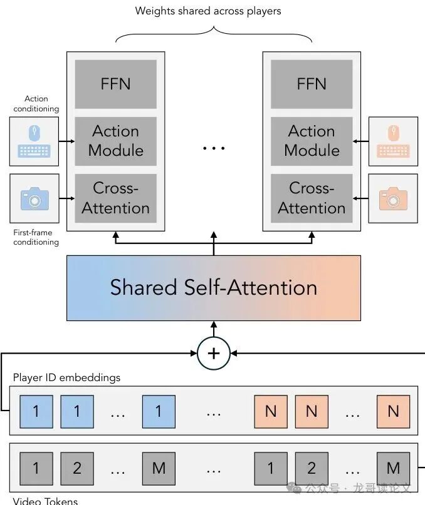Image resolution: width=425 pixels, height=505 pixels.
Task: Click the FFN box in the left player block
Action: pyautogui.click(x=115, y=84)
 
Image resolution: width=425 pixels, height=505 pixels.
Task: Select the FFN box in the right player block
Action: pyautogui.click(x=312, y=84)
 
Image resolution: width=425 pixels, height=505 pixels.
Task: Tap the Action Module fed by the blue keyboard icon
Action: pyautogui.click(x=115, y=141)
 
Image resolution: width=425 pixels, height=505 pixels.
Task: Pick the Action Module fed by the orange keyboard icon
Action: pyautogui.click(x=312, y=141)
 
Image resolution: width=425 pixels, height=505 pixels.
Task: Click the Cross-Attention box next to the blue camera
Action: pyautogui.click(x=115, y=198)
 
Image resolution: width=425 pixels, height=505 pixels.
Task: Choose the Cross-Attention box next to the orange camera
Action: pyautogui.click(x=312, y=198)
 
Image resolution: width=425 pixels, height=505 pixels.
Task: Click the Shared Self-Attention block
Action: pyautogui.click(x=214, y=288)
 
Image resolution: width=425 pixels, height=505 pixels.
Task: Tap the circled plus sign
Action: pyautogui.click(x=214, y=353)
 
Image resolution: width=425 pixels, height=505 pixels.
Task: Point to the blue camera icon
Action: pyautogui.click(x=35, y=198)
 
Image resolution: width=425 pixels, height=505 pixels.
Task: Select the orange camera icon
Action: pyautogui.click(x=393, y=198)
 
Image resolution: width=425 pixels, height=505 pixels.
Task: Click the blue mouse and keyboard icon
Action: pyautogui.click(x=35, y=141)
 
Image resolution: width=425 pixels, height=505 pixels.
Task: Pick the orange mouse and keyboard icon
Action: pyautogui.click(x=393, y=141)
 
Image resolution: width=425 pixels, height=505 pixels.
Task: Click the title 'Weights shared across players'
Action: pyautogui.click(x=208, y=11)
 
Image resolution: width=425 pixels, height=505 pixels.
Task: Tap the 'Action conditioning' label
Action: pyautogui.click(x=36, y=103)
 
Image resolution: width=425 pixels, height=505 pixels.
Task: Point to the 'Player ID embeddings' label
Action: pyautogui.click(x=66, y=378)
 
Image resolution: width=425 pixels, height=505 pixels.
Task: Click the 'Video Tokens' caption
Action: pyautogui.click(x=45, y=501)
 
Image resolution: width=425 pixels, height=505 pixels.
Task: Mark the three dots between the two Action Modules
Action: pyautogui.click(x=214, y=148)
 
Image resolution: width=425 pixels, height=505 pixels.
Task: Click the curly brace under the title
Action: pyautogui.click(x=214, y=33)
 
